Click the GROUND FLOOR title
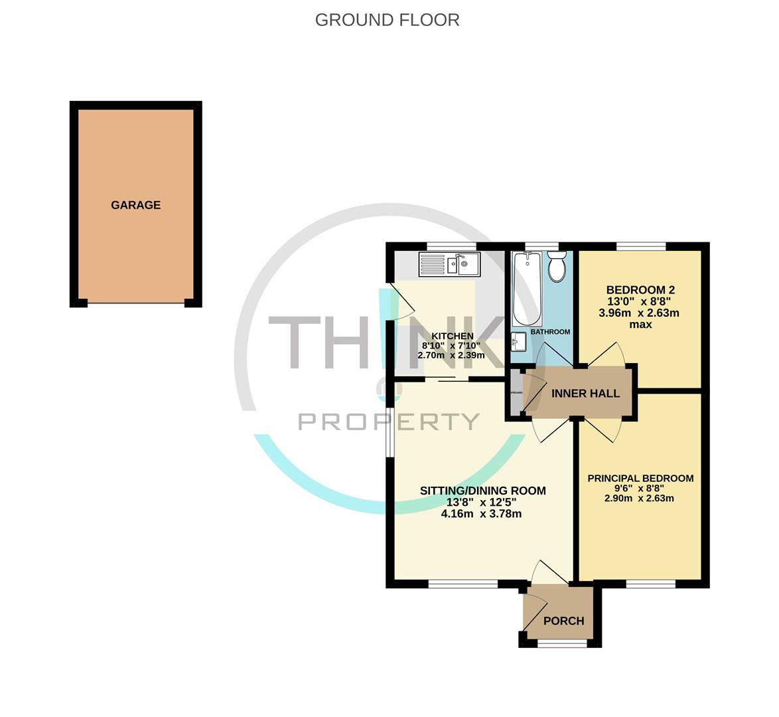[x=387, y=20]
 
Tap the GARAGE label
[x=135, y=205]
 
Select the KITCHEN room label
[x=452, y=336]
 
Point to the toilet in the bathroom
[x=556, y=268]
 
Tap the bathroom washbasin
[x=519, y=343]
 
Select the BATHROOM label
[x=550, y=332]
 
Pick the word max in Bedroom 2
[x=640, y=325]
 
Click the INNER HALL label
[x=585, y=394]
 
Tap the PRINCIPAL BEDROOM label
[x=640, y=478]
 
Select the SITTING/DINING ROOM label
[x=482, y=491]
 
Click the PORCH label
[x=563, y=621]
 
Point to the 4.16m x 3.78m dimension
[x=481, y=513]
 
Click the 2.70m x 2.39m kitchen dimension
[x=451, y=355]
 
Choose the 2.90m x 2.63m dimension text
[x=639, y=498]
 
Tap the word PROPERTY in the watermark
[x=389, y=421]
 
